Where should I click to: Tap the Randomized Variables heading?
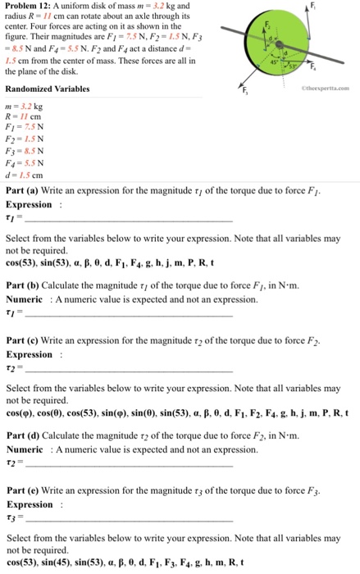[x=48, y=88]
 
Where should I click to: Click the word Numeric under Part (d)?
[x=24, y=450]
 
